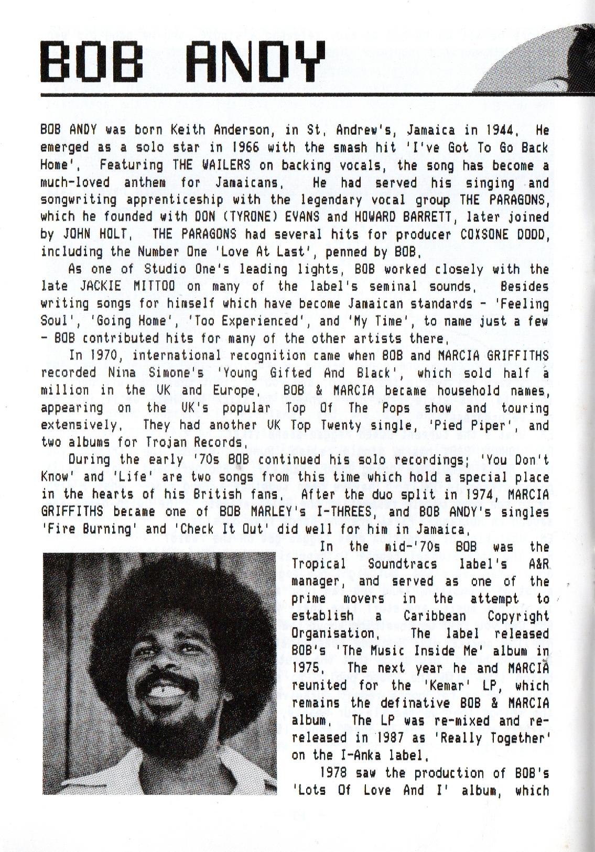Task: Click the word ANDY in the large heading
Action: (x=254, y=61)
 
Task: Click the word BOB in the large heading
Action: (x=93, y=61)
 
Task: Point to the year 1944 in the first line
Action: (x=501, y=130)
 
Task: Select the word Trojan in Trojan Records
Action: (x=160, y=443)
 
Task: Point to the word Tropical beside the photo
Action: (x=319, y=564)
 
